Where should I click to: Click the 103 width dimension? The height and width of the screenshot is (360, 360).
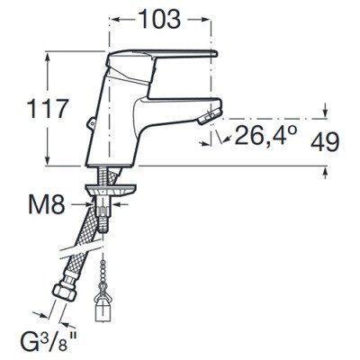160,20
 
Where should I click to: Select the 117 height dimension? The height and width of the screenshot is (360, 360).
46,109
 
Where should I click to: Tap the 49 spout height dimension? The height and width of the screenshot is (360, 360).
325,142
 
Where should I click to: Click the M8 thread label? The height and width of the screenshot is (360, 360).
47,204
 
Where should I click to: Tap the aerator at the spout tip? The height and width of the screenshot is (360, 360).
210,115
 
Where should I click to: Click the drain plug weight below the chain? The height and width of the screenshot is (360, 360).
101,306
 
